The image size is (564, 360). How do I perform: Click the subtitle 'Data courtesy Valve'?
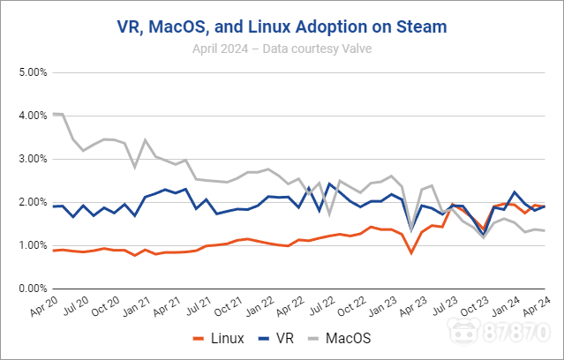(x=282, y=49)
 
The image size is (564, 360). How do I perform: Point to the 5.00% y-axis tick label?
(x=32, y=72)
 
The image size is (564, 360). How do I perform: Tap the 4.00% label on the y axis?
(x=32, y=116)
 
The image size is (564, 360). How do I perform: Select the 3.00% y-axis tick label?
(x=32, y=159)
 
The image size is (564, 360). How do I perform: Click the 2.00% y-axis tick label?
(x=32, y=202)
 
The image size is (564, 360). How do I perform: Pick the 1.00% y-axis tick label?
(x=32, y=245)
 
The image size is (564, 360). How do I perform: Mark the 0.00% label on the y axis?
(x=32, y=289)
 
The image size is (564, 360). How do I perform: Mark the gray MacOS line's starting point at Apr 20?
(x=54, y=114)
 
